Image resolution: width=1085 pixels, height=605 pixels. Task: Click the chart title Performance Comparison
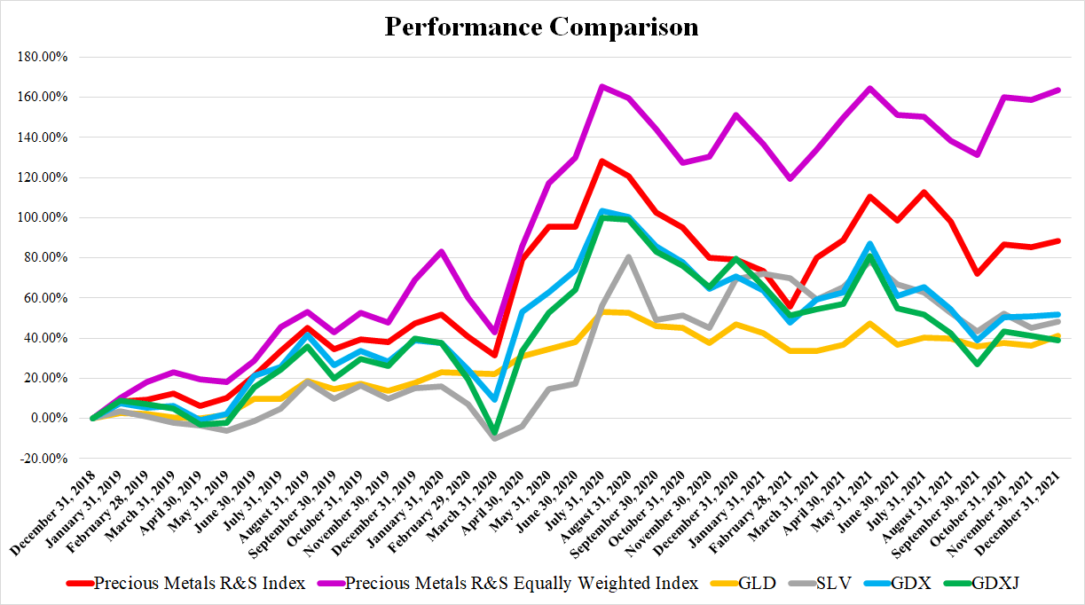(541, 27)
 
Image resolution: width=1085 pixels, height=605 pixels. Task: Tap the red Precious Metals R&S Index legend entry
(200, 583)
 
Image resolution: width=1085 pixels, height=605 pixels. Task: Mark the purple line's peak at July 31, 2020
(601, 86)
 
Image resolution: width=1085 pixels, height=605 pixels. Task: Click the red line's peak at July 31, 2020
(601, 161)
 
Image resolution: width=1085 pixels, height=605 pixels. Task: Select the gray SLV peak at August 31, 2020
(628, 257)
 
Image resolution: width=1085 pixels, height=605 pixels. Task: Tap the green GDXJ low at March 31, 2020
(494, 432)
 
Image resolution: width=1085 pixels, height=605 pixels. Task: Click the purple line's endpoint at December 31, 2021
(1059, 90)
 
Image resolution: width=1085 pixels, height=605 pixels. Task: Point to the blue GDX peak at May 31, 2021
(870, 243)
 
